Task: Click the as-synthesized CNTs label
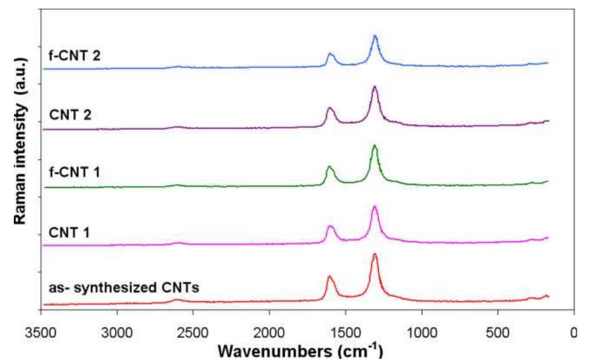tap(124, 287)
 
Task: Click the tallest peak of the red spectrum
tap(375, 254)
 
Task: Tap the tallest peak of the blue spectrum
tap(375, 37)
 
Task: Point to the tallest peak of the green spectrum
tap(375, 146)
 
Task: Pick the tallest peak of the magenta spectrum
tap(375, 207)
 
